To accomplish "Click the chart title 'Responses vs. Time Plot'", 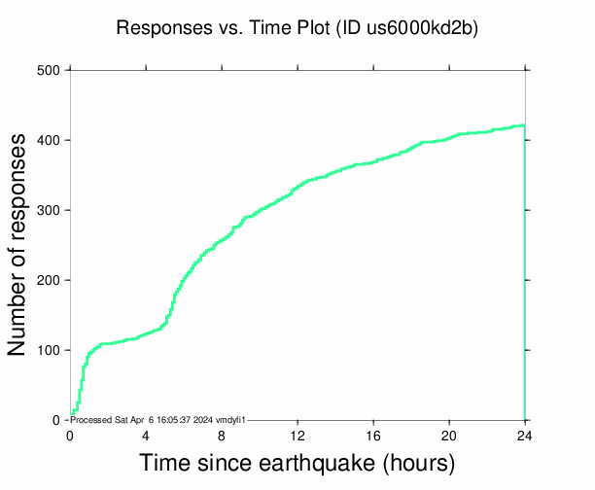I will pos(223,28).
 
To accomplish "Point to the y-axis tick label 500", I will pos(49,71).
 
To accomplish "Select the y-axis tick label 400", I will pos(49,141).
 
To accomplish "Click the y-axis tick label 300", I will pos(49,211).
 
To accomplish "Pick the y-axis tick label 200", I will pos(49,281).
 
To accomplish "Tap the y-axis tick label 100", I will pos(49,351).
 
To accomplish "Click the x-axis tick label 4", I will pos(146,435).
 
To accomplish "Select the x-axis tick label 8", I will pos(222,435).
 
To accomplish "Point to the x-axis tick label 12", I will pos(297,435).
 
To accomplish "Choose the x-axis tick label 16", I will pos(373,435).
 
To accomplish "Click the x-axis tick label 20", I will pos(449,435).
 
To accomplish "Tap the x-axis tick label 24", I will pos(525,435).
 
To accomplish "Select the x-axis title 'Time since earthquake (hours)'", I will pos(297,463).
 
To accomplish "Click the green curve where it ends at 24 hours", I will pos(524,125).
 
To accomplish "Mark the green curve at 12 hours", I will pos(297,187).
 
